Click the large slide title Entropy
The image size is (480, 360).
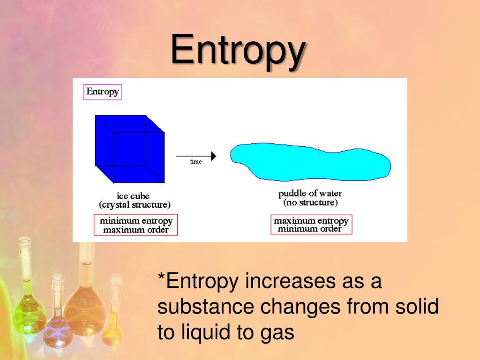point(238,51)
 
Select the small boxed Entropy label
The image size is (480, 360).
point(102,92)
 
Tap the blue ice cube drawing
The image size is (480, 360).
point(129,149)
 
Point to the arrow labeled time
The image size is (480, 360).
point(196,156)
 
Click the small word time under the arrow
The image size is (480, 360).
point(196,162)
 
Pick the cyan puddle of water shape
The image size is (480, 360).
point(310,162)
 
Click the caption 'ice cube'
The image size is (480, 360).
point(133,196)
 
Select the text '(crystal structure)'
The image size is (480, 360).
point(135,205)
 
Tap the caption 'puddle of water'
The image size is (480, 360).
point(310,194)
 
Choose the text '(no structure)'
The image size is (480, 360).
point(310,202)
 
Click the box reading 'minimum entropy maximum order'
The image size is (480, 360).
point(136,225)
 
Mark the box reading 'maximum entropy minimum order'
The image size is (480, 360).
point(311,225)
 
